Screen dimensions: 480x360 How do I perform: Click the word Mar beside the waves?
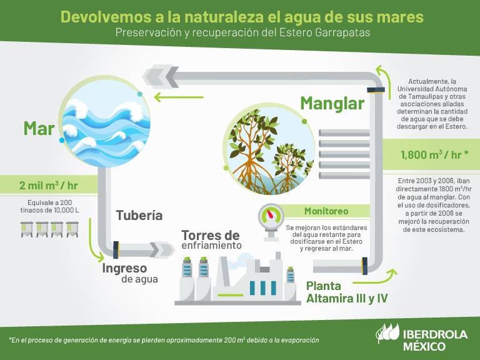pos(39,128)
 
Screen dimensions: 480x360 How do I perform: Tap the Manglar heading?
pos(332,104)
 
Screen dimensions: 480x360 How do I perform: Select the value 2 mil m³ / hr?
pos(48,185)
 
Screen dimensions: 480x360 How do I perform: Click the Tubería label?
pos(139,215)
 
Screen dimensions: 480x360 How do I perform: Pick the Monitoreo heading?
pos(326,211)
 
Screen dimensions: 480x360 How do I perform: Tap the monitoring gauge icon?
pos(271,222)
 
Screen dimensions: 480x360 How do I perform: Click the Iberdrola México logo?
pos(421,337)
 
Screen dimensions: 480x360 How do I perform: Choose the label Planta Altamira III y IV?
pos(347,292)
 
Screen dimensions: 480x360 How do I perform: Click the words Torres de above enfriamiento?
pos(211,236)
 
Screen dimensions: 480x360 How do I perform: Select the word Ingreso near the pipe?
pos(124,268)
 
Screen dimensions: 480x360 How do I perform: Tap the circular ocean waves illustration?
pos(106,121)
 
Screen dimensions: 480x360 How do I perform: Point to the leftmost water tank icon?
pos(27,229)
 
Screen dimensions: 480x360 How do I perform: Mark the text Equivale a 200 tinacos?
pos(49,206)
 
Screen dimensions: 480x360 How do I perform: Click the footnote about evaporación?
pos(164,340)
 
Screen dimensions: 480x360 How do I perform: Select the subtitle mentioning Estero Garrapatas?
pos(242,32)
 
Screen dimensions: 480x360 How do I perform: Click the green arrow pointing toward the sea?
pos(179,97)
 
